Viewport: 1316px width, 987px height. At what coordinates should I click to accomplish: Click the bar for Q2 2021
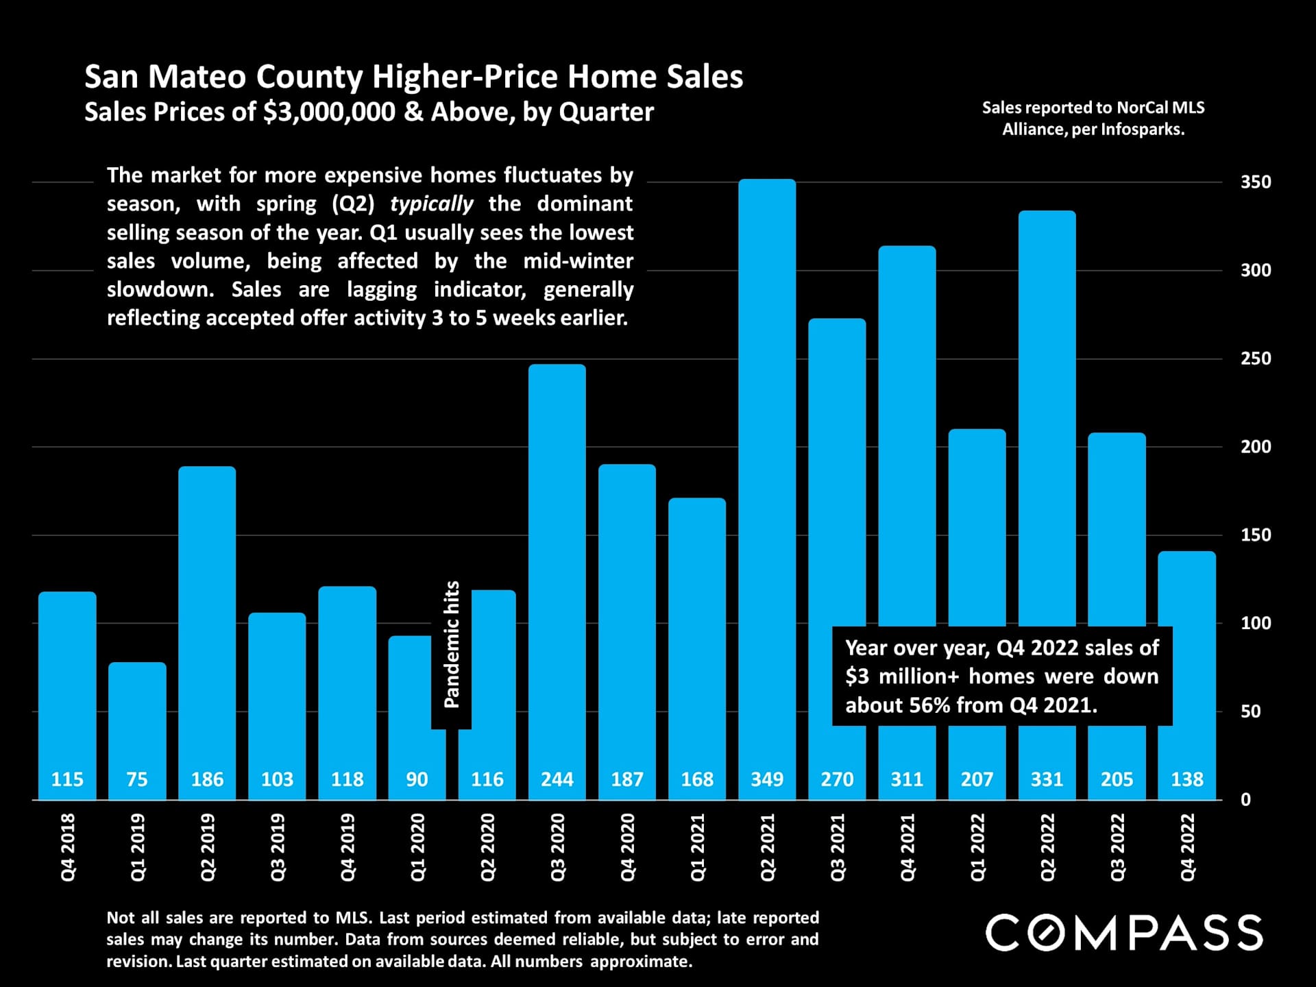click(x=767, y=480)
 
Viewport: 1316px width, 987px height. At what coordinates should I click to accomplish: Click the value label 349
click(x=767, y=779)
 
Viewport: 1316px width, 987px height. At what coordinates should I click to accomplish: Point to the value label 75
click(x=137, y=779)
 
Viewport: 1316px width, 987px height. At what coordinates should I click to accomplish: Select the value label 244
click(x=557, y=779)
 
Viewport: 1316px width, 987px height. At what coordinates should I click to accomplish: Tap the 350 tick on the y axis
click(x=1256, y=182)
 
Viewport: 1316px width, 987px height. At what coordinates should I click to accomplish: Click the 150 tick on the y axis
click(x=1256, y=535)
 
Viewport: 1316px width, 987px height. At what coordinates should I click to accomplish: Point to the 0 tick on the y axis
click(x=1245, y=800)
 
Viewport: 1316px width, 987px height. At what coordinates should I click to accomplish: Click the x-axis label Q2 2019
click(x=208, y=847)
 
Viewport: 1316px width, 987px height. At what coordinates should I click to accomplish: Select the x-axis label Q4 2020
click(x=628, y=847)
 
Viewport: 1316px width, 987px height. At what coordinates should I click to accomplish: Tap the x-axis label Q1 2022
click(x=977, y=847)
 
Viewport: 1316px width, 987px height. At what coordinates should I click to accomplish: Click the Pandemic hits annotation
click(x=452, y=644)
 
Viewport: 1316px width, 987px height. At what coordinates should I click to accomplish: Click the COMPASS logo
click(x=1124, y=933)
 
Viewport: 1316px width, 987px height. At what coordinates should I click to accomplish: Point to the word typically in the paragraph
click(x=431, y=204)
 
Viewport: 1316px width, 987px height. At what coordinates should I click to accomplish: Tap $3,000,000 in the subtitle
click(x=329, y=112)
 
